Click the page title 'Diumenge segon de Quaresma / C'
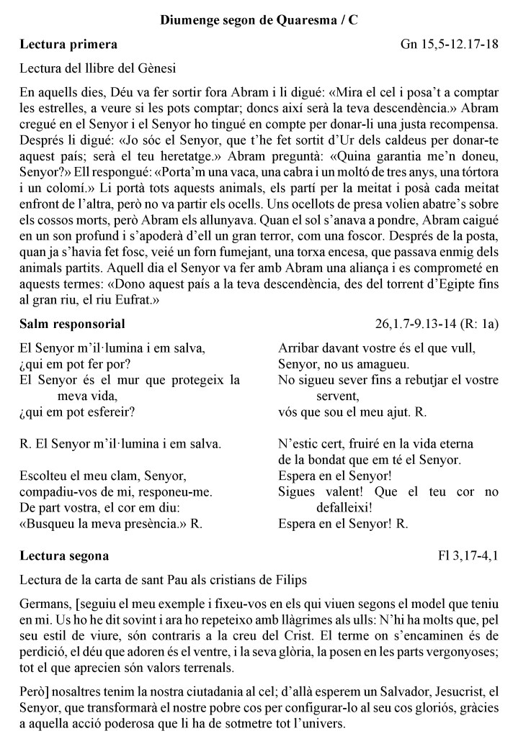pos(259,19)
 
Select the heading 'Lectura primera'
pos(69,45)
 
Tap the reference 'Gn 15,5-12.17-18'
pos(450,45)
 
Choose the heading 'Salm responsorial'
pos(73,324)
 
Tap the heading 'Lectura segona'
pos(65,555)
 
